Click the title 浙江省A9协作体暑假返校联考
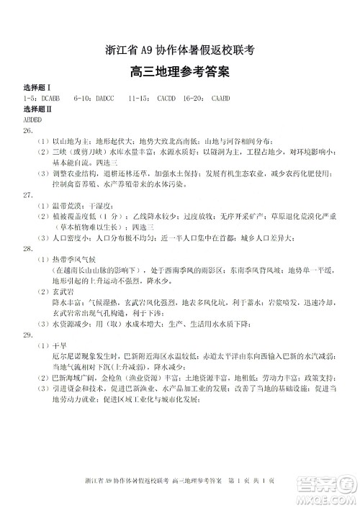pyautogui.click(x=180, y=50)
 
